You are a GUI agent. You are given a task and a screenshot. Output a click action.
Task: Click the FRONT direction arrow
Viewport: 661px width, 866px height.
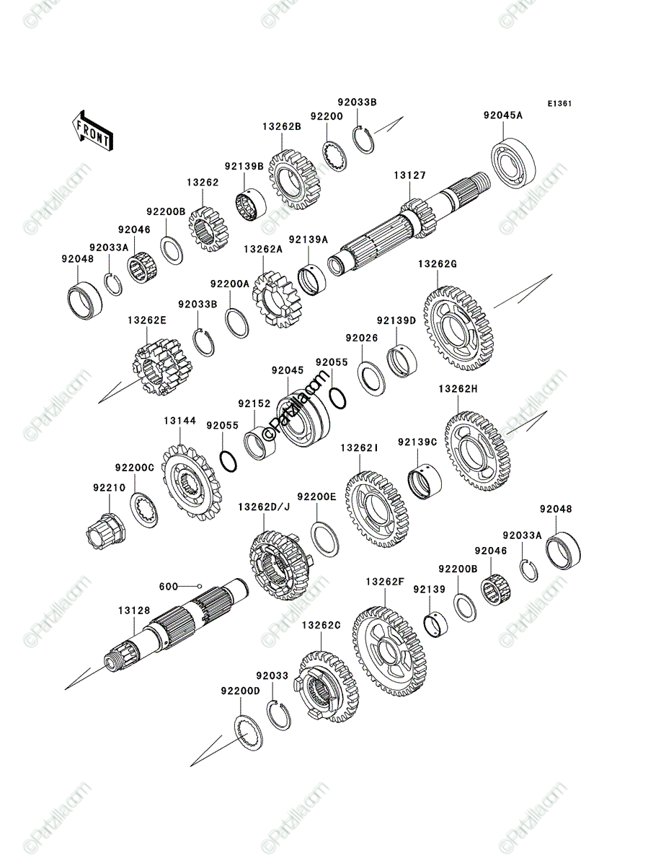[92, 131]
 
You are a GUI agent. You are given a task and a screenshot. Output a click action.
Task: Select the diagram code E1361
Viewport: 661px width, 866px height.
[559, 104]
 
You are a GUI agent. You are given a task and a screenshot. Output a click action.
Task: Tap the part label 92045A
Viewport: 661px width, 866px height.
[503, 115]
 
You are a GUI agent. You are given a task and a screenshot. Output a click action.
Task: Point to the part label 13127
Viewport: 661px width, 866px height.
[410, 175]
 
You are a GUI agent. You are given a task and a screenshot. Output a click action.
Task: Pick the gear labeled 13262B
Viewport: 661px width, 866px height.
[293, 180]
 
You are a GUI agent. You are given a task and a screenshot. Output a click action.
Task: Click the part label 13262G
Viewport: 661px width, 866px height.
[438, 264]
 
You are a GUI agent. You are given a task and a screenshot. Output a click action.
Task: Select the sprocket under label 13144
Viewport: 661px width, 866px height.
[192, 483]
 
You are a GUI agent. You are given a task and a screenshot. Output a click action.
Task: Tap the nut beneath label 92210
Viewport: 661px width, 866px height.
[105, 530]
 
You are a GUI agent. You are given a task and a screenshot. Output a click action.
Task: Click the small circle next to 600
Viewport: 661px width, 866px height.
[200, 586]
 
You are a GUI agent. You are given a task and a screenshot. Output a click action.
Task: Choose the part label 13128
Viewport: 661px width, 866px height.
[134, 611]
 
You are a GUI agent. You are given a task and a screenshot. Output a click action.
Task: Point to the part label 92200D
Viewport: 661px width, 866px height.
[240, 691]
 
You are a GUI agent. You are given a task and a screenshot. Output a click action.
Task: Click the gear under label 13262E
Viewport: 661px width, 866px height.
[162, 367]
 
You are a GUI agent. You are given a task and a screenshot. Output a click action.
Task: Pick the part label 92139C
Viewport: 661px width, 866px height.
[417, 442]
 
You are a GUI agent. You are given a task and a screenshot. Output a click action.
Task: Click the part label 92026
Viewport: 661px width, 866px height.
[362, 338]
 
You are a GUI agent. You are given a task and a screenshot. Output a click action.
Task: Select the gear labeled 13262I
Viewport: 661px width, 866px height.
[377, 509]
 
